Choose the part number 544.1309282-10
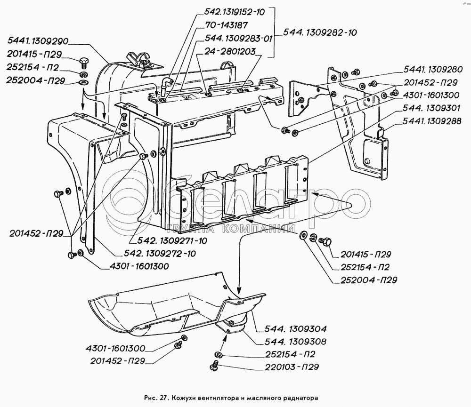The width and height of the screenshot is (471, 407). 320,32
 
